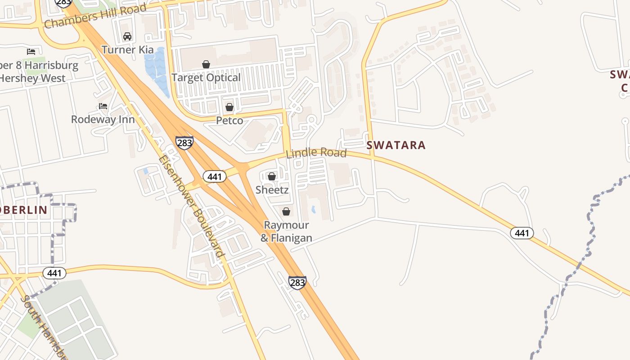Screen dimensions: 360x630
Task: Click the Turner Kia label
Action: tap(127, 49)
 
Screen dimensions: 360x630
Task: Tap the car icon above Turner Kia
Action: tap(127, 36)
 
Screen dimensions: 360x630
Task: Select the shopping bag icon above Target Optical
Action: tap(206, 64)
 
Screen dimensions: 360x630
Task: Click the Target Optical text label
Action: tap(206, 77)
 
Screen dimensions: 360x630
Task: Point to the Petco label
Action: tap(229, 121)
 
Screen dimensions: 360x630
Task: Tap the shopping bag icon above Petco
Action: tap(229, 107)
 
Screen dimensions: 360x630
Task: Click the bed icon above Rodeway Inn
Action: tap(103, 106)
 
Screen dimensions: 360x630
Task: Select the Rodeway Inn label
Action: tap(103, 119)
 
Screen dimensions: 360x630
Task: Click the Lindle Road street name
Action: tap(316, 153)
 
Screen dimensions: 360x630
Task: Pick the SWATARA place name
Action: tap(396, 145)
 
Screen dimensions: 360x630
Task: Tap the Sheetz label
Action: tap(272, 189)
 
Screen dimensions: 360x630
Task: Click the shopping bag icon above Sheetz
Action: tap(272, 176)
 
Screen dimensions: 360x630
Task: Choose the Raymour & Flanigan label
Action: tap(286, 231)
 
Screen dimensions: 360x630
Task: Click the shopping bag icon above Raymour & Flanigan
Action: tap(286, 211)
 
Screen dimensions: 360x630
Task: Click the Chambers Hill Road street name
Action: tap(95, 16)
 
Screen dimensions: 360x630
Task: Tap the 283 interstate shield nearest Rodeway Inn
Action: tap(184, 143)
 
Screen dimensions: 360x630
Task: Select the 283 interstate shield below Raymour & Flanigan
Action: tap(297, 283)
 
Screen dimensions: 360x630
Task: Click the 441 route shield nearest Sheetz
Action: tap(215, 176)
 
